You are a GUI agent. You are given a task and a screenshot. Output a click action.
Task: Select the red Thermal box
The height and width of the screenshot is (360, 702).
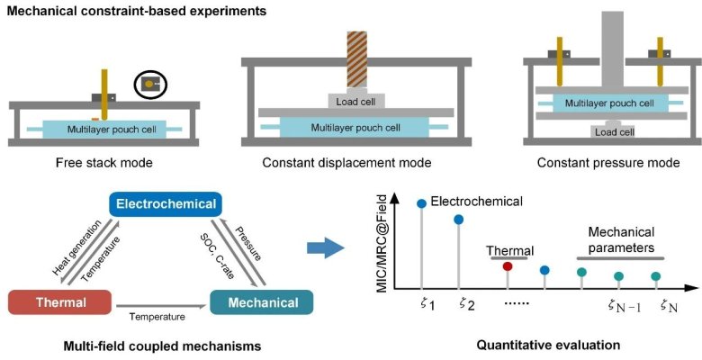(x=49, y=301)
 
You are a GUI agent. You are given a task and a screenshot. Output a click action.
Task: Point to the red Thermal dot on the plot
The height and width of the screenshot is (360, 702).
(x=508, y=265)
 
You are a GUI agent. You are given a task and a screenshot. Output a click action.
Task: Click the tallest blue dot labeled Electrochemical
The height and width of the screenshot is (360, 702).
(x=421, y=202)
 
